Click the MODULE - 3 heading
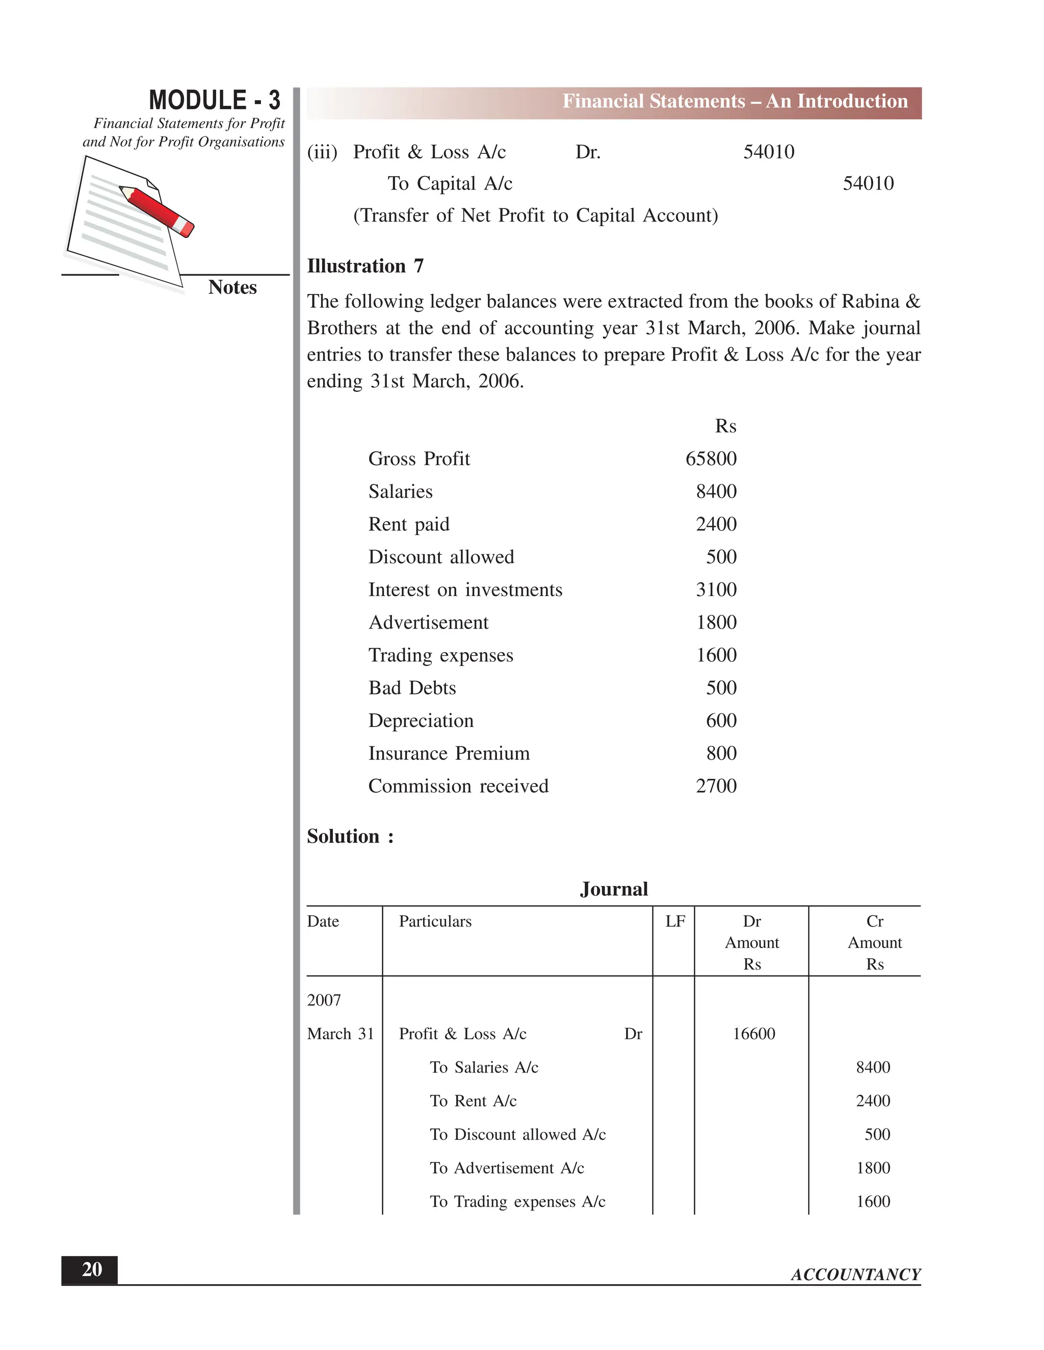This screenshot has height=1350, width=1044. pos(214,100)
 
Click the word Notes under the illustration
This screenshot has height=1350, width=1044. pos(232,287)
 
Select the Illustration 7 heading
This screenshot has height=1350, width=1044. pos(365,266)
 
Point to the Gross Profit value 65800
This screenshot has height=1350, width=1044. pos(711,458)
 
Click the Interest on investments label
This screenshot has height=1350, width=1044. pos(465,590)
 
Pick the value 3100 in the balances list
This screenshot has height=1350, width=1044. pos(716,590)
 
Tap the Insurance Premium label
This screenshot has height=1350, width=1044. pos(449,753)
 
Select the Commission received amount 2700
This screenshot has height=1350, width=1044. pos(716,786)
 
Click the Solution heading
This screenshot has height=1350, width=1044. pos(349,836)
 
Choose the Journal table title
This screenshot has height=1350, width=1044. pos(614,889)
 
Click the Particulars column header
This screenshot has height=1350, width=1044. pos(435,922)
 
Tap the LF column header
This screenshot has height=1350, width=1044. pos(675,922)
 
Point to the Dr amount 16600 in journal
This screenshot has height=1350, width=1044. pos(753,1034)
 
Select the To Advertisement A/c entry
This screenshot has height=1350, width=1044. pos(507,1168)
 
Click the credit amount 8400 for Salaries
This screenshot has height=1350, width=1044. pos(873,1067)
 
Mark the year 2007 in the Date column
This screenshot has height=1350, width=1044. pos(324,1000)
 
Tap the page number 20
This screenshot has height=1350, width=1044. pos(92,1270)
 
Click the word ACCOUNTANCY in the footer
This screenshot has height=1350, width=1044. pos(855,1275)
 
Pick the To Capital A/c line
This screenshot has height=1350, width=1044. pos(450,183)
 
